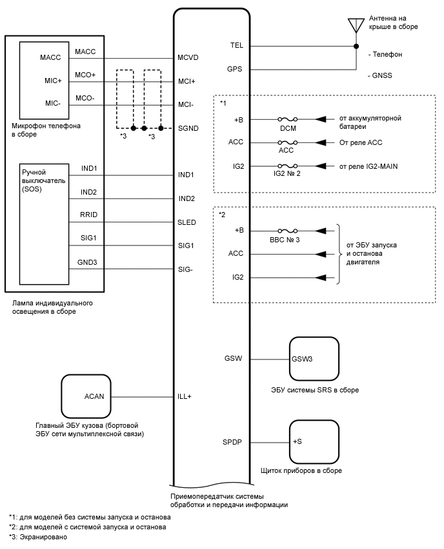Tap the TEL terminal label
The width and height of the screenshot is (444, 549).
236,46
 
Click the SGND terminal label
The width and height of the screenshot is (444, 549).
188,128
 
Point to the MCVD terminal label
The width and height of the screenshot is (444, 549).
188,58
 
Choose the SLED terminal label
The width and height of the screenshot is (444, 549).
187,222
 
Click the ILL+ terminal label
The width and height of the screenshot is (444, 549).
185,396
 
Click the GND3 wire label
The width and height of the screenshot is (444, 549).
89,263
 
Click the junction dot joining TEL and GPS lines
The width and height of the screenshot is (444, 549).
356,46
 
